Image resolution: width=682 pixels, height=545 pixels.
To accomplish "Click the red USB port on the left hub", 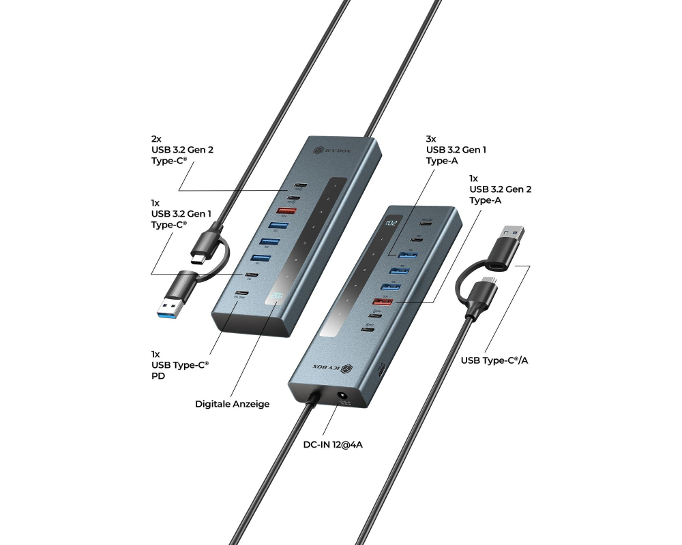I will (286, 211).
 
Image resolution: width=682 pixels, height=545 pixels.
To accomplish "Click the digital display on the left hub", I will (277, 296).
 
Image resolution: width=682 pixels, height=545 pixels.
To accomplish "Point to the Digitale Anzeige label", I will (232, 404).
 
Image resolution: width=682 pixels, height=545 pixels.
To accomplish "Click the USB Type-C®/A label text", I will (494, 360).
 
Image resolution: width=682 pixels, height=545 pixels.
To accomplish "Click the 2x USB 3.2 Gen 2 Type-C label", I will (182, 150).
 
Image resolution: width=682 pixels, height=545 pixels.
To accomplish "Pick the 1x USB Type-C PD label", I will (179, 365).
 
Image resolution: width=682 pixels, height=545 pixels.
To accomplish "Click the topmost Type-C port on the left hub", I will (299, 185).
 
